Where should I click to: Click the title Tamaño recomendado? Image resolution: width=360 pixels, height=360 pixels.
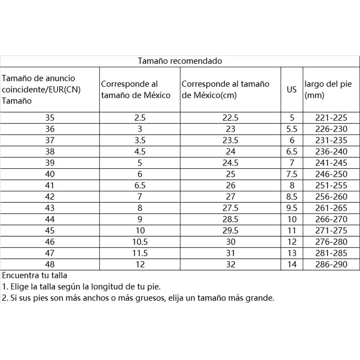180,61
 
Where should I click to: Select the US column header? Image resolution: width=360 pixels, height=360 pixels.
292,89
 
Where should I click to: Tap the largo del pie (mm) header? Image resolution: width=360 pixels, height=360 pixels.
328,89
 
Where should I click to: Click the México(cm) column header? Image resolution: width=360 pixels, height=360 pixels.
225,89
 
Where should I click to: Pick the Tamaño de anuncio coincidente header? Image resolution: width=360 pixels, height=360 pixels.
41,89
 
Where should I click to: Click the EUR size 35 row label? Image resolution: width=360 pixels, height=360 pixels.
50,118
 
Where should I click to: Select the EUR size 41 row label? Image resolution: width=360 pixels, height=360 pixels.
50,185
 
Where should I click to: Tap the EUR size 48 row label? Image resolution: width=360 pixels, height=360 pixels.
50,264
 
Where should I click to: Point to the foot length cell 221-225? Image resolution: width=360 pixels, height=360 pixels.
331,118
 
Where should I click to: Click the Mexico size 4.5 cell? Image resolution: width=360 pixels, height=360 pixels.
140,151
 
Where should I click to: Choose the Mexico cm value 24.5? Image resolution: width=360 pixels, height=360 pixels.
230,163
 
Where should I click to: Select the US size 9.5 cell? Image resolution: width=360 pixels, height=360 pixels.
292,208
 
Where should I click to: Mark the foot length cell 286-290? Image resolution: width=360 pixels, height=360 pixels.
331,264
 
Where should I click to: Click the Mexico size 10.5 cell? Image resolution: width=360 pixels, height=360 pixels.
140,242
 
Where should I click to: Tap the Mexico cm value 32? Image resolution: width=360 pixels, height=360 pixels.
230,264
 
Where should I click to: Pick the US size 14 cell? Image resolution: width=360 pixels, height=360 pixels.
292,264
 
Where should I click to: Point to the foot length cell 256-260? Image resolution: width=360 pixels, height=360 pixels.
331,197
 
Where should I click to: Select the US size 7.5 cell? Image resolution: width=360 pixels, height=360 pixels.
292,174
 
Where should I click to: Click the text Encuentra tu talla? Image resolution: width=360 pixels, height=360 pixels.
34,275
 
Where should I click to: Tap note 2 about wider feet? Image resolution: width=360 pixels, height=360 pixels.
138,298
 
